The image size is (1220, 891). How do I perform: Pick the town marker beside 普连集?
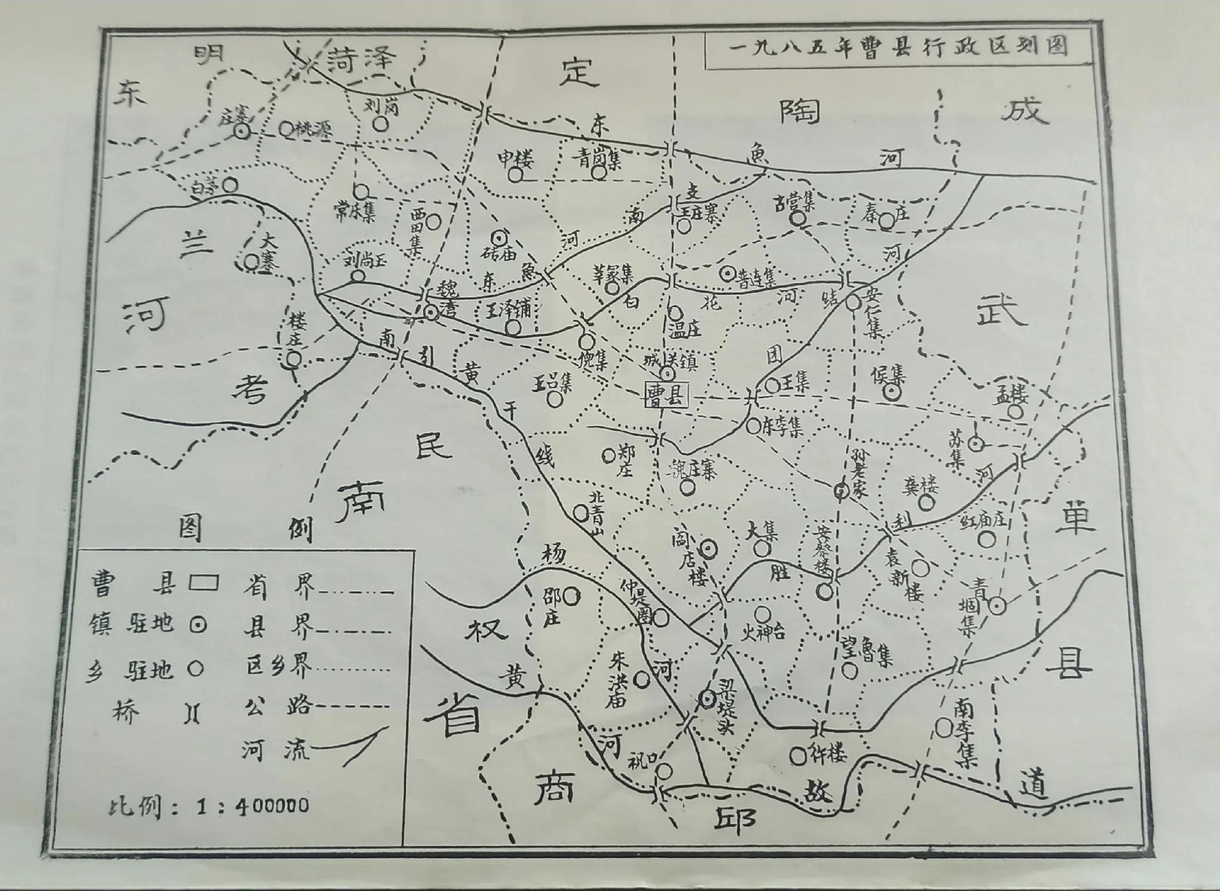click(x=727, y=273)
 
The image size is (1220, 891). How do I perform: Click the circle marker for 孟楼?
click(x=1016, y=412)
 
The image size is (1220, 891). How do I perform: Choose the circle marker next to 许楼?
click(x=798, y=755)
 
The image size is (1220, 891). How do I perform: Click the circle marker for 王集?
click(x=772, y=385)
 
